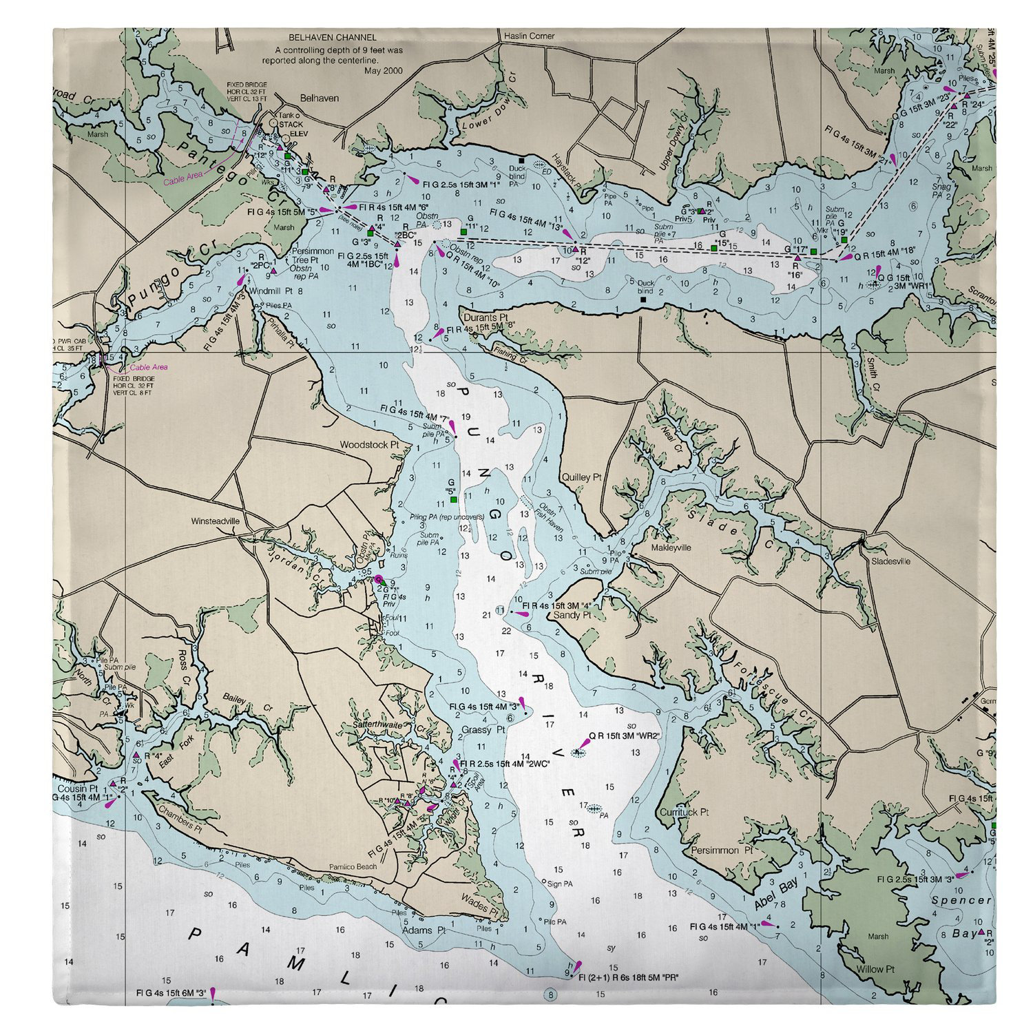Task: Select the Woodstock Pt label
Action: tap(369, 445)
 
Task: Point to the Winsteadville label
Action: tap(216, 521)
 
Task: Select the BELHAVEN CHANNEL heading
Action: tap(333, 38)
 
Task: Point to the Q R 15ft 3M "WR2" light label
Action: tap(625, 736)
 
